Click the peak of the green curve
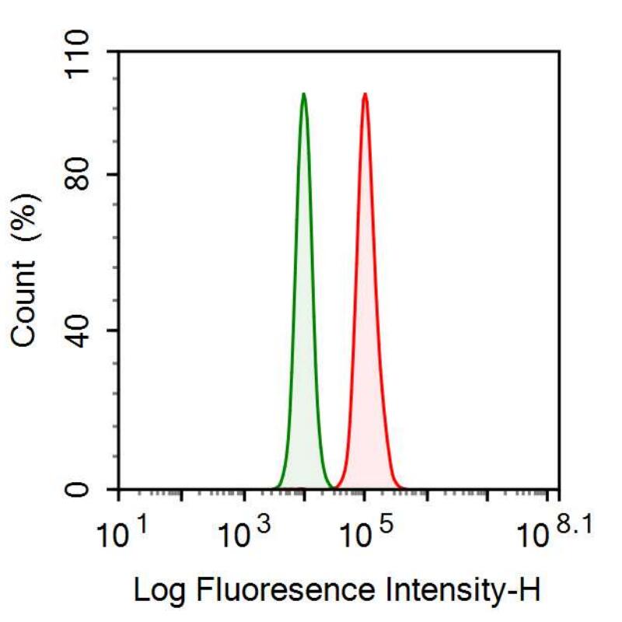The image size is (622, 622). point(303,94)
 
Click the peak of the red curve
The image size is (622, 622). point(364,94)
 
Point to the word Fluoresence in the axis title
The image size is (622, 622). point(264,590)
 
